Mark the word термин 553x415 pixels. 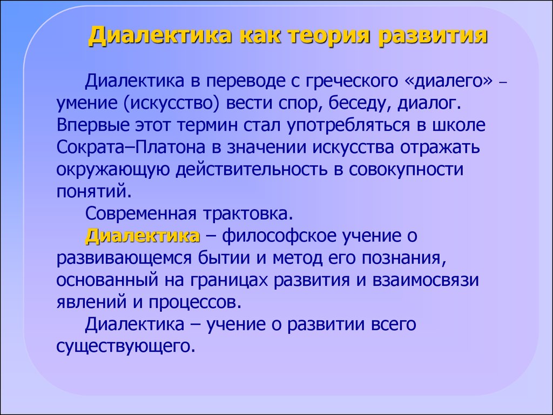(x=207, y=125)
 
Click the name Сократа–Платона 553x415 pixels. (x=131, y=148)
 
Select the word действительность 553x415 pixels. (x=252, y=170)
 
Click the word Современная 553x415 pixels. (x=140, y=214)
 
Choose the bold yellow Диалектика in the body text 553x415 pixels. (x=143, y=236)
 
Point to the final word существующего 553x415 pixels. (x=126, y=346)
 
